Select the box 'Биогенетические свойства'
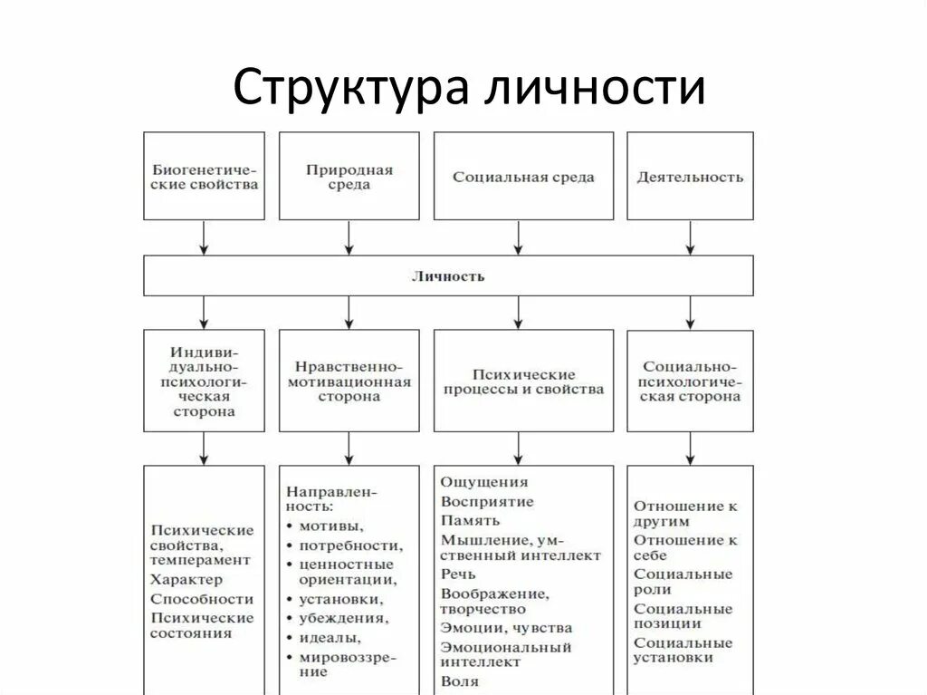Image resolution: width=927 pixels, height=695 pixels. coord(205,176)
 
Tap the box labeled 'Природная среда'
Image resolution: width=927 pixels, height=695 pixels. coord(349,176)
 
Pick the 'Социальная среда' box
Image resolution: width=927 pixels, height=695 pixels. coord(523,176)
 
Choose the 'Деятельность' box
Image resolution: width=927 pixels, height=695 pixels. coord(690,176)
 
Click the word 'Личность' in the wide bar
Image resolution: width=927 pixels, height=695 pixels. coord(448,275)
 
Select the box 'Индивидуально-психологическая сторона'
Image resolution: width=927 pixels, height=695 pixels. coord(205,380)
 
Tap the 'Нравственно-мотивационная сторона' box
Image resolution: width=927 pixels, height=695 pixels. coord(349,380)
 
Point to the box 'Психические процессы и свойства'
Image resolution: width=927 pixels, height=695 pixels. coord(523,380)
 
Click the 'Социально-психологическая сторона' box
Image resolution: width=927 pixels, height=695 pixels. coord(690,380)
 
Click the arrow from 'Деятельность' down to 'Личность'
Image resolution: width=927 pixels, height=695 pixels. coord(690,237)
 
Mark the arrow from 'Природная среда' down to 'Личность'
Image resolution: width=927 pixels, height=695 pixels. coord(349,237)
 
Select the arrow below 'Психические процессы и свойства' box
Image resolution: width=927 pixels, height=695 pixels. coord(518,448)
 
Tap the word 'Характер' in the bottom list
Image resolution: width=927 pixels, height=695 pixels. coord(186,579)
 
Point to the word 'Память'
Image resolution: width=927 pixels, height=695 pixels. coord(470,520)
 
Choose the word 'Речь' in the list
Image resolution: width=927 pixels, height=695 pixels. coord(458,574)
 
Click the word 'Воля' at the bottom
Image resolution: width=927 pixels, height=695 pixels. coord(460,681)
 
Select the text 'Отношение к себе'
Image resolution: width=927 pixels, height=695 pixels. coord(685,547)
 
